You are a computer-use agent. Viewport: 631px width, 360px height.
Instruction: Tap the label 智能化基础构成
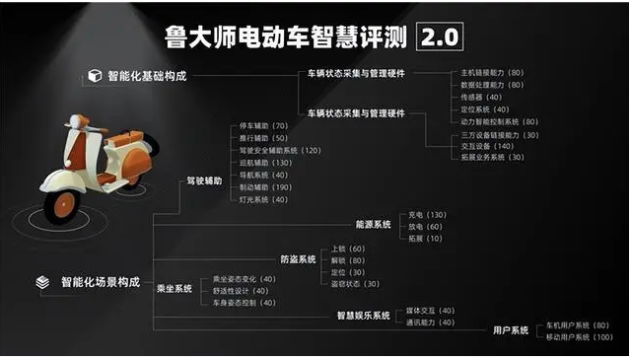click(147, 76)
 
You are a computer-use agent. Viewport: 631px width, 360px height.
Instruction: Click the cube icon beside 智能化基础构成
click(95, 76)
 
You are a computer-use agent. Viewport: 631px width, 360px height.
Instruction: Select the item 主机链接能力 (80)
click(492, 72)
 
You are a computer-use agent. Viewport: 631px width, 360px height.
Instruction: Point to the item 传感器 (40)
click(481, 97)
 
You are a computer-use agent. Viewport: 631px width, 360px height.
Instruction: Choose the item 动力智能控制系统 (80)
click(499, 121)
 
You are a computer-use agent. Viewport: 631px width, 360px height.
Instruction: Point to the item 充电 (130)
click(426, 214)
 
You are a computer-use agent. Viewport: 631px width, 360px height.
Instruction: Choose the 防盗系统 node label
click(298, 260)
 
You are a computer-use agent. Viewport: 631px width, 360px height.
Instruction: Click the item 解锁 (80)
click(348, 260)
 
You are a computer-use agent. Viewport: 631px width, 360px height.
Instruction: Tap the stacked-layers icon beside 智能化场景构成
click(41, 281)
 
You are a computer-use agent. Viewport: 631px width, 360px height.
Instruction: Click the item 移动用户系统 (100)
click(580, 337)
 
